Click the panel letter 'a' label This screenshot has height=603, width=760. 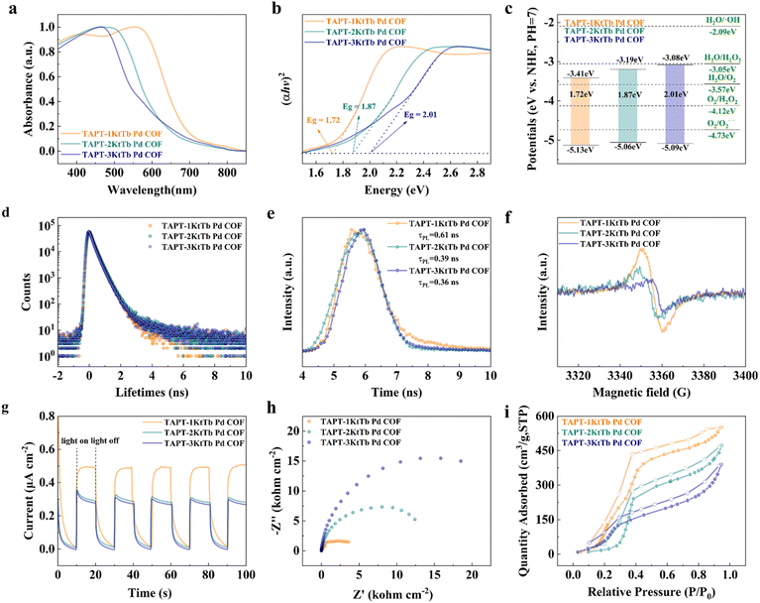pyautogui.click(x=8, y=8)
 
